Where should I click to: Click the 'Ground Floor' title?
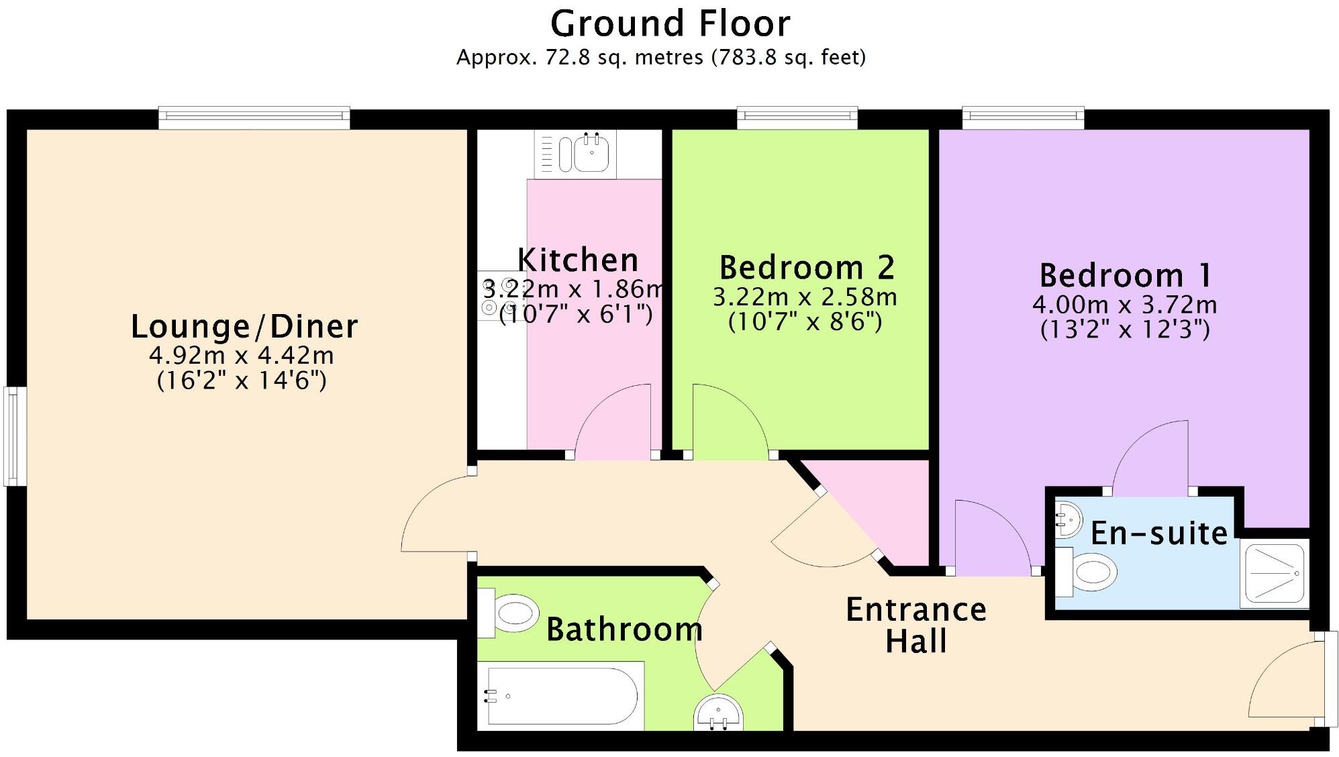(670, 24)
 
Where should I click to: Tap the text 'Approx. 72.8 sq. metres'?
(580, 58)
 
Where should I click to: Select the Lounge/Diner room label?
(244, 327)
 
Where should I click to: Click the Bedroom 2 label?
(807, 268)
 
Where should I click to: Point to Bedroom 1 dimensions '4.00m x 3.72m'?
(1124, 305)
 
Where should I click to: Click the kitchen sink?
(591, 154)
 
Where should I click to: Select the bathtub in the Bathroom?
(561, 695)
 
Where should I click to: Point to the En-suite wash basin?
(1069, 519)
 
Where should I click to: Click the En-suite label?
(1159, 534)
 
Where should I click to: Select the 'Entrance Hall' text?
(915, 625)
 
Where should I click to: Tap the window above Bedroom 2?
(797, 118)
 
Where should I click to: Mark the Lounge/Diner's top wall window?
(254, 118)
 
